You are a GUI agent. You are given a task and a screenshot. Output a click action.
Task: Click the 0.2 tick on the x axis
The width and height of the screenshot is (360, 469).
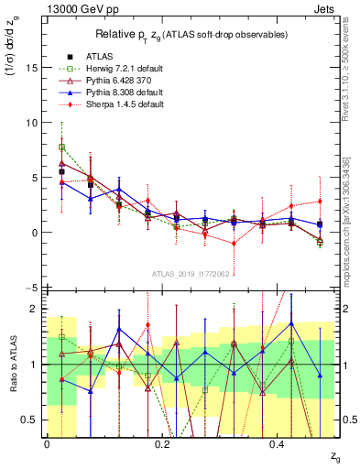(162, 444)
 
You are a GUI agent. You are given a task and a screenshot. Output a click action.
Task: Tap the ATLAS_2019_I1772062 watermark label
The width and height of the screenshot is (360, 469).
(190, 273)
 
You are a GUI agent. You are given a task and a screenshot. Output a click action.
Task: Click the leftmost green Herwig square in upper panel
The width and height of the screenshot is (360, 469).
(61, 147)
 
